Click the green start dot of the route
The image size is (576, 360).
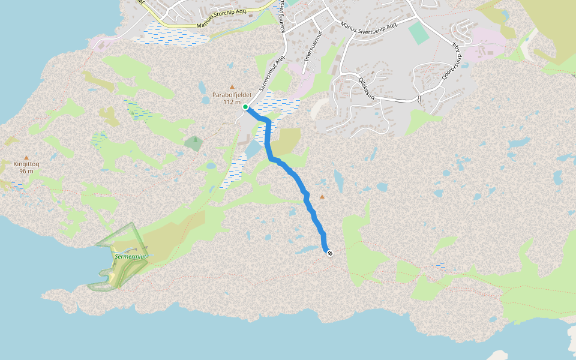pos(245,107)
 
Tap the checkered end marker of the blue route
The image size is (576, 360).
pos(330,253)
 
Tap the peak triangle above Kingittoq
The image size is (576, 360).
pos(26,157)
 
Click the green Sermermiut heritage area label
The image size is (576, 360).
pos(131,256)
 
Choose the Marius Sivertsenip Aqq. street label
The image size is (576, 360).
pos(368,27)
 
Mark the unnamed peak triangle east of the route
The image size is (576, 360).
pos(322,197)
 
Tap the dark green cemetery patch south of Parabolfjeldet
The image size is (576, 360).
pos(194,143)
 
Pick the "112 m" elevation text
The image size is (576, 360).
pos(232,102)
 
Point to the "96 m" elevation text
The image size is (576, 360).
pos(26,170)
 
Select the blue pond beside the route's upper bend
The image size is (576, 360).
pos(253,148)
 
